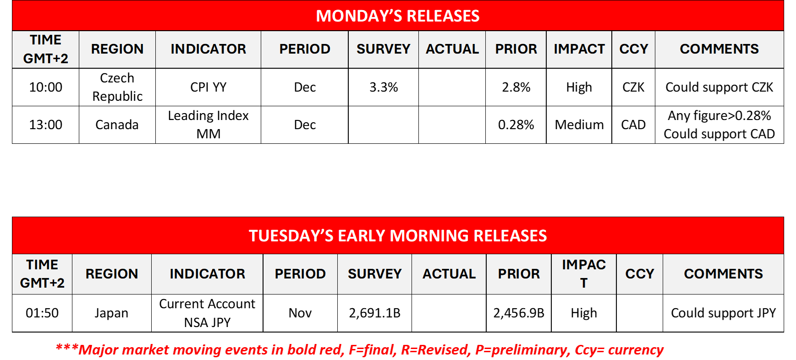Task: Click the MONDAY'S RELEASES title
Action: coord(398,16)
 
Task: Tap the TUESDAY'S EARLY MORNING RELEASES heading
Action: coord(398,235)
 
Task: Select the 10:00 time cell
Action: coord(45,87)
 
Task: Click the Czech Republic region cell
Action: coord(117,87)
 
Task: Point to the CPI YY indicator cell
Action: coord(209,87)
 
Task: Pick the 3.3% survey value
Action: coord(384,87)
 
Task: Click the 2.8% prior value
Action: coord(516,87)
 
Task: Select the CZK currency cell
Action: coord(633,87)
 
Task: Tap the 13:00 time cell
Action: coord(45,125)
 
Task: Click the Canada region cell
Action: coord(117,125)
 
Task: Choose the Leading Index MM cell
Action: coord(209,125)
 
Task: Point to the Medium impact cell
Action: coord(579,125)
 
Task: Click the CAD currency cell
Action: coord(633,125)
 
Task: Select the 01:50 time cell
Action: coord(42,313)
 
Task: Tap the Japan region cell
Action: coord(111,313)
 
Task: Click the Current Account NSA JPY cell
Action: coord(207,313)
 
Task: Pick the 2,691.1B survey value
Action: coord(374,313)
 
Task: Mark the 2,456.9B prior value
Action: coord(519,313)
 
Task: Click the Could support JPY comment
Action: coord(724,313)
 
